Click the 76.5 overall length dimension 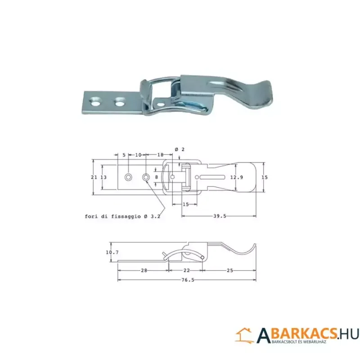coord(188,280)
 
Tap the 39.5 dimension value coord(220,216)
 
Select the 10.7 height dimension coord(112,252)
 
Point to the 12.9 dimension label coord(237,177)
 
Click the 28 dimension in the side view coord(144,270)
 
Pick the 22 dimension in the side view coord(187,270)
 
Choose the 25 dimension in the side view coord(229,270)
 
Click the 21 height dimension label coord(94,177)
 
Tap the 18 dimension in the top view coord(160,155)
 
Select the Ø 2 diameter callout coord(180,149)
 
